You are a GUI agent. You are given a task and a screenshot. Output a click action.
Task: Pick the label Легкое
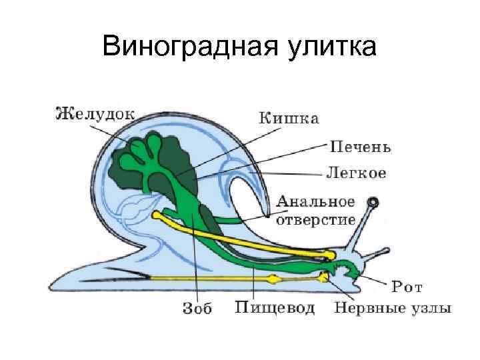[x=355, y=173]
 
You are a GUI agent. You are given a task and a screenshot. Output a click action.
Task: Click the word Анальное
[x=315, y=201]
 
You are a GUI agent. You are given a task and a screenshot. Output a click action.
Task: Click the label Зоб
[x=196, y=309]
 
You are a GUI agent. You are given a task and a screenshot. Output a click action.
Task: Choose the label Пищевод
[x=275, y=308]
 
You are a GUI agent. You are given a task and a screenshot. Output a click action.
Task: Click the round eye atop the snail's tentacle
[x=374, y=201]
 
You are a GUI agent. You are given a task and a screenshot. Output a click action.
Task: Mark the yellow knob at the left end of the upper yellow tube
[x=158, y=215]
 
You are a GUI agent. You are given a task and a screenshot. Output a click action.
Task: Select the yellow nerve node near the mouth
[x=324, y=276]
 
